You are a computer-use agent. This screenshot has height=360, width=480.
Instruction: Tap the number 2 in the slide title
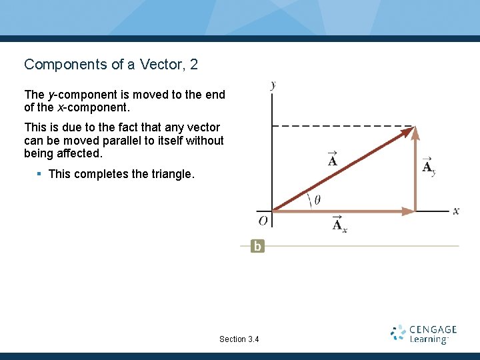tap(193, 65)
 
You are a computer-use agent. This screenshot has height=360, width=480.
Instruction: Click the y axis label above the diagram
tap(273, 85)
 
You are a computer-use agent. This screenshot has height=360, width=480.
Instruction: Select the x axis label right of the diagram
tap(456, 211)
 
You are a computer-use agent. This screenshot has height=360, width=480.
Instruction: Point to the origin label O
tap(263, 221)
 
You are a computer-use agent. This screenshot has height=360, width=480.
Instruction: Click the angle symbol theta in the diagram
tap(317, 199)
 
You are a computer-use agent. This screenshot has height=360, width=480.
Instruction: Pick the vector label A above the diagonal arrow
tap(332, 159)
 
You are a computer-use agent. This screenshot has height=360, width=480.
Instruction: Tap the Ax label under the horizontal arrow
tap(339, 224)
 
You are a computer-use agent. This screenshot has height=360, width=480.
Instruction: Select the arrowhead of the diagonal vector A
tap(406, 132)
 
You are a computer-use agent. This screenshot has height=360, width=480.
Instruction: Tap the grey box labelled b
tap(257, 246)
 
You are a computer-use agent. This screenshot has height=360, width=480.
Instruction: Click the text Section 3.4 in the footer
tap(239, 339)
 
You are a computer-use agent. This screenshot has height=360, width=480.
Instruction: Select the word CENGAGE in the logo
tap(433, 329)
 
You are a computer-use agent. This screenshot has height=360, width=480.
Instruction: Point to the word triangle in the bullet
tap(172, 175)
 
